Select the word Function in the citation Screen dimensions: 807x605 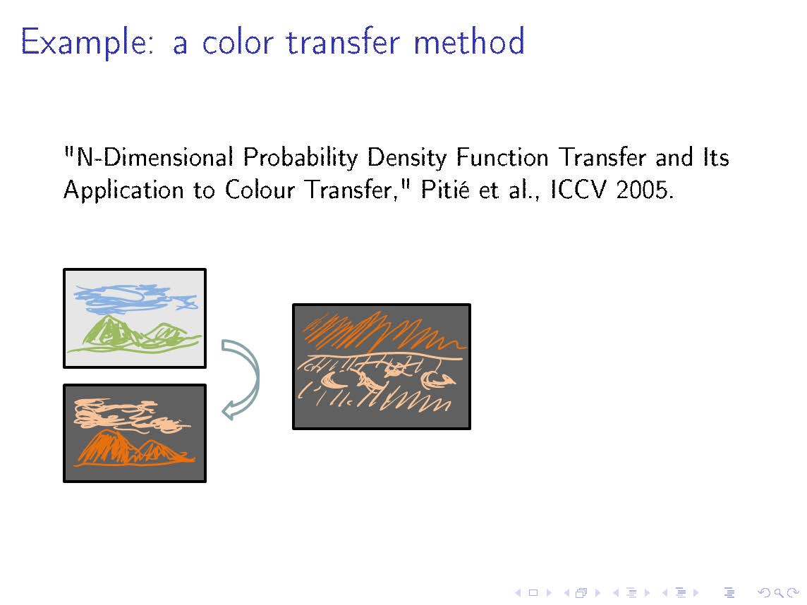coord(503,157)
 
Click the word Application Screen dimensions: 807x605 coord(123,190)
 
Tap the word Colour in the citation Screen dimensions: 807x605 coord(260,190)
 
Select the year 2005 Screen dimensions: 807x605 coord(644,190)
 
